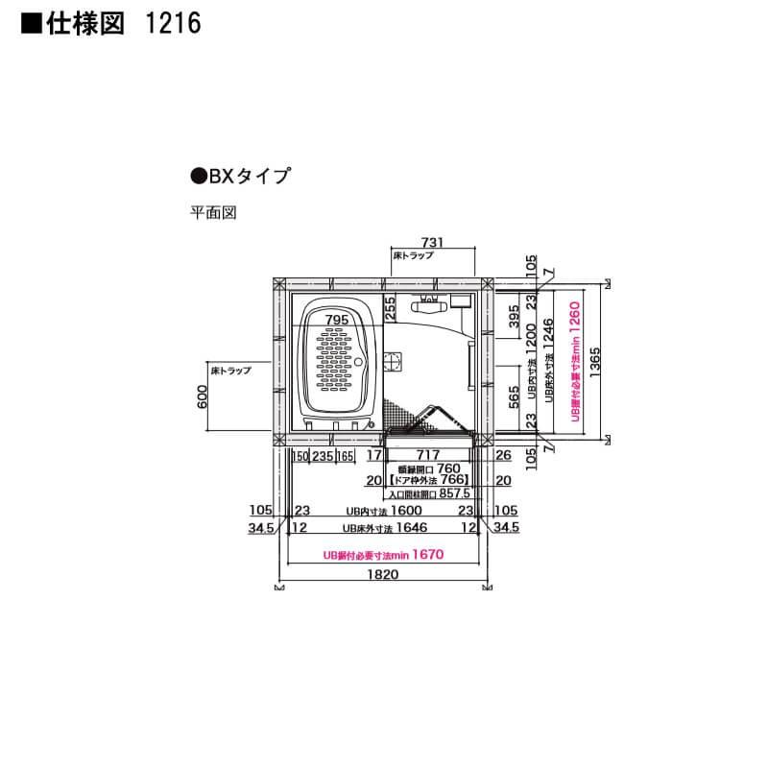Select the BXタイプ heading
[x=240, y=176]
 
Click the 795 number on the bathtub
[x=336, y=319]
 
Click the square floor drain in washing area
[x=392, y=362]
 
